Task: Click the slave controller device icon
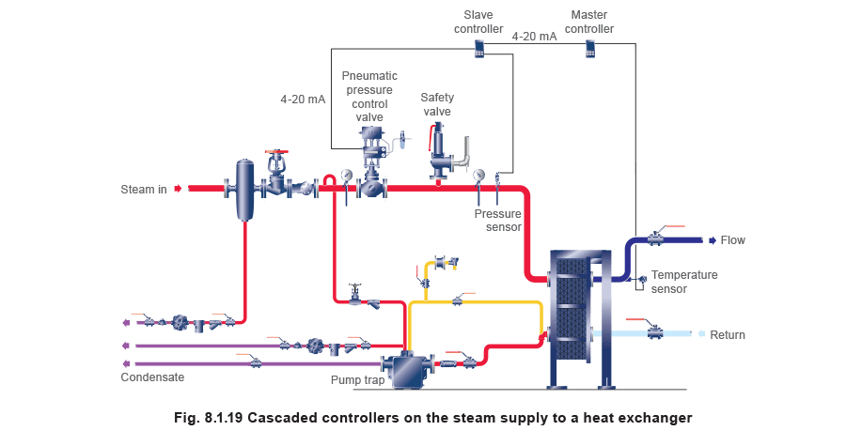coord(479,49)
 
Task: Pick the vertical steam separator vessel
coord(245,190)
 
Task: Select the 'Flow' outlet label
coord(733,240)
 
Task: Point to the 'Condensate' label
coord(152,377)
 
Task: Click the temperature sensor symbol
coord(641,279)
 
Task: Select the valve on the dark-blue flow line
coord(654,239)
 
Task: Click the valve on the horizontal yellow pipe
coord(458,301)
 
